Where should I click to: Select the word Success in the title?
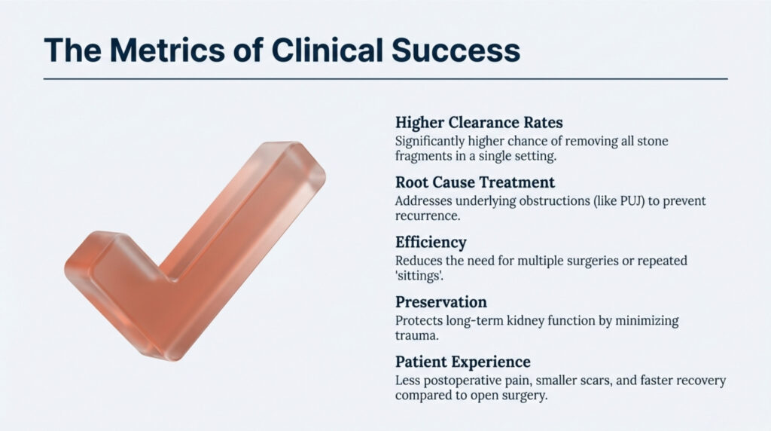(451, 50)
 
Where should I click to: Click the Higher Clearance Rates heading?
(478, 122)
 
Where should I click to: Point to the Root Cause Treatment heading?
(474, 182)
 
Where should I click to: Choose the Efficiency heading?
(431, 243)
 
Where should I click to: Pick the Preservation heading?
(440, 302)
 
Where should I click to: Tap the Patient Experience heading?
(462, 362)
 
